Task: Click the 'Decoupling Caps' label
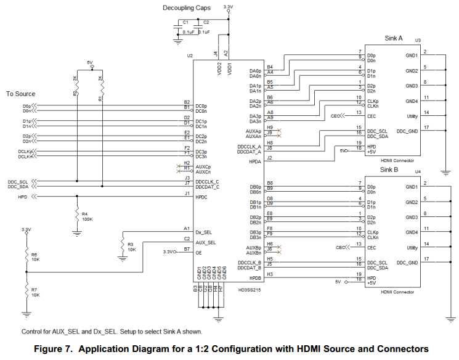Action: [186, 7]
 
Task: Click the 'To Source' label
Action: [20, 94]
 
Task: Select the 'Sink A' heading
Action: [393, 38]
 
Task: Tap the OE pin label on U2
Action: [198, 252]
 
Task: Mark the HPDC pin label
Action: [201, 197]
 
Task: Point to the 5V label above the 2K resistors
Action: [89, 62]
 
